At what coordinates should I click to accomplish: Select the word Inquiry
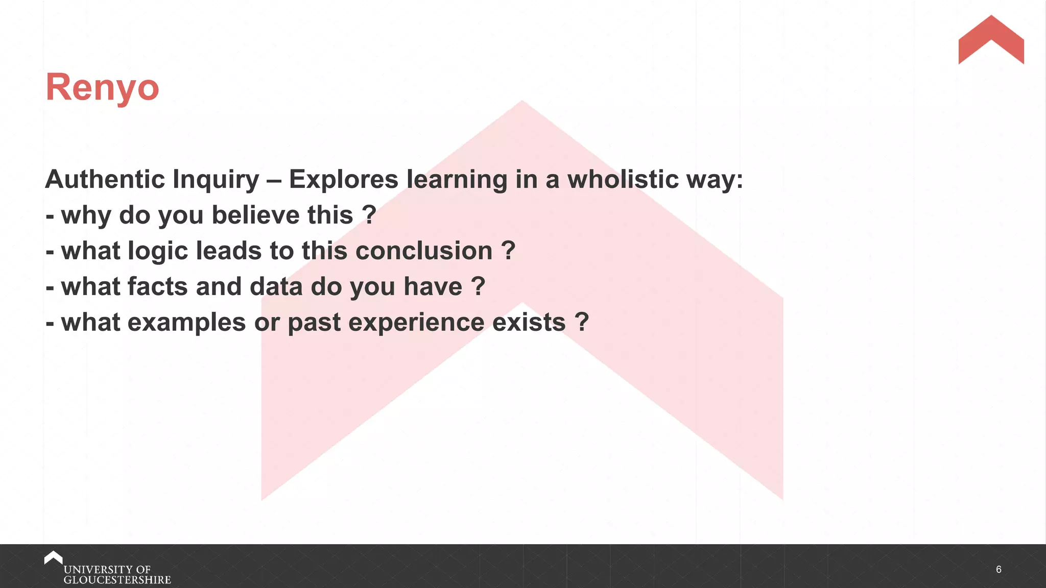point(216,180)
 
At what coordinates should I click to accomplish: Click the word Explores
point(343,180)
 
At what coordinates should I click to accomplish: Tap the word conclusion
point(423,251)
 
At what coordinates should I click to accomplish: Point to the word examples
point(186,323)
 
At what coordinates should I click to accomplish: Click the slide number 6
point(999,569)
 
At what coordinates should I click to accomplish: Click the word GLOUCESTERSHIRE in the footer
point(117,580)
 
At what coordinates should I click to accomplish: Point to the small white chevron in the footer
point(53,557)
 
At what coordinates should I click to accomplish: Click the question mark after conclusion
point(508,251)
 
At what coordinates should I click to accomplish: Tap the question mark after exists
point(582,322)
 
